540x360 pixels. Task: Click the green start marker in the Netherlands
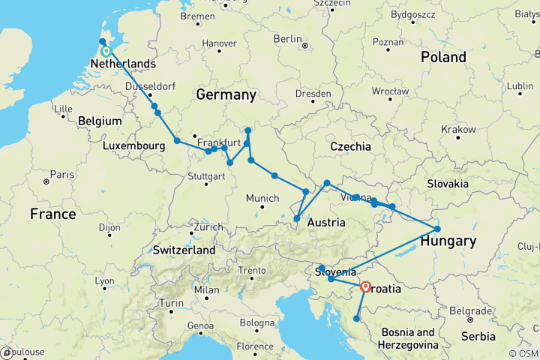[106, 52]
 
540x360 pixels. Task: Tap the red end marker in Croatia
[365, 286]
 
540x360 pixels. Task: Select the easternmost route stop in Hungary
[437, 229]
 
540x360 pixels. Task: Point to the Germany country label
[226, 94]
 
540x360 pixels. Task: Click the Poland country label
[443, 57]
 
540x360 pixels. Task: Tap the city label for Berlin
[287, 39]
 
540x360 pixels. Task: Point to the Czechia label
[350, 146]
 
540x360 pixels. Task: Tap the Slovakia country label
[447, 184]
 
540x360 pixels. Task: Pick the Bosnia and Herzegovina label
[415, 338]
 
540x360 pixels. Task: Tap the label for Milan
[208, 290]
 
